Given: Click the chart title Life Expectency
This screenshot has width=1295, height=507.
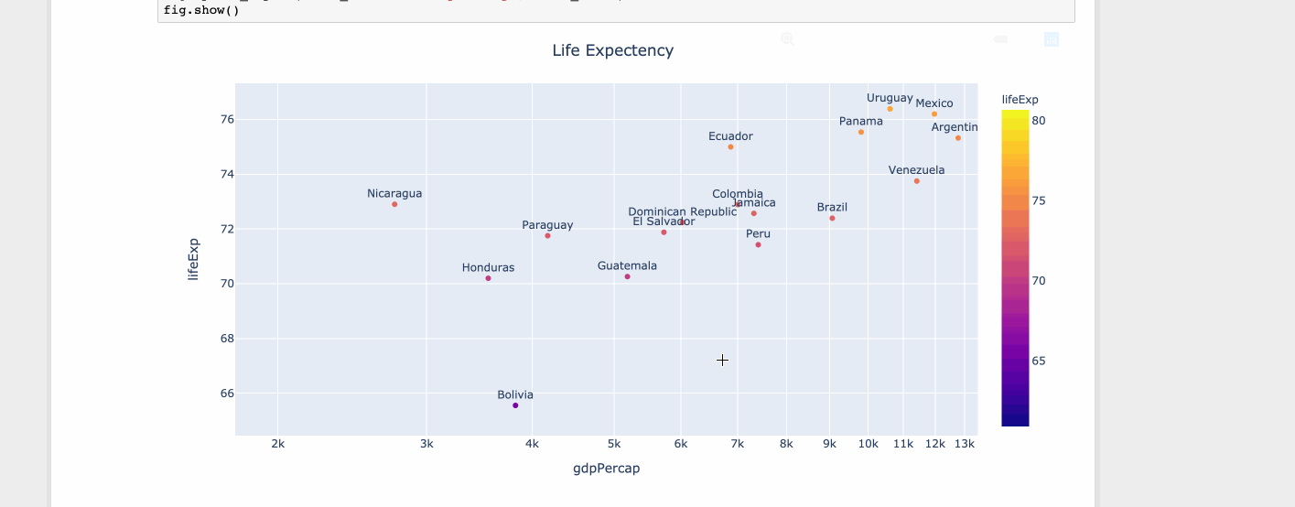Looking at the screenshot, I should (x=612, y=50).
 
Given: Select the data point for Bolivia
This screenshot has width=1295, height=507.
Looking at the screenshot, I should (x=515, y=405).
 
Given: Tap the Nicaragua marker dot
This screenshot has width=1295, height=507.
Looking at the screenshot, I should (x=394, y=204).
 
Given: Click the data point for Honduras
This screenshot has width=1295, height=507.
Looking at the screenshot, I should (x=488, y=278).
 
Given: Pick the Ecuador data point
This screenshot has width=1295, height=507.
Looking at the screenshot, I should (x=730, y=147).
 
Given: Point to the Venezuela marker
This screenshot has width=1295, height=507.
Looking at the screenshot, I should (x=916, y=181).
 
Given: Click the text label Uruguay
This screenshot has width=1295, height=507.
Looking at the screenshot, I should (x=890, y=98).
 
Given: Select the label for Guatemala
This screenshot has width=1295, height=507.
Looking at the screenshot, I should (x=627, y=265).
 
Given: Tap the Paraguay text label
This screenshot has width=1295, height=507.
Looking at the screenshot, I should (x=547, y=225).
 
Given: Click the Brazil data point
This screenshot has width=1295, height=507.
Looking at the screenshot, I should (x=832, y=219).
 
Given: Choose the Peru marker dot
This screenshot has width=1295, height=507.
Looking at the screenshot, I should (x=758, y=244).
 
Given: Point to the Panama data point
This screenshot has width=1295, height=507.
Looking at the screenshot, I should (x=860, y=133).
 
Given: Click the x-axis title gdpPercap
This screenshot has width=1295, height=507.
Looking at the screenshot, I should (x=606, y=469).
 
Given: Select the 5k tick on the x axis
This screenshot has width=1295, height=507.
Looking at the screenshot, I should (x=613, y=444).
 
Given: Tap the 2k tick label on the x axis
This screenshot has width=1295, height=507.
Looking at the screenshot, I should (x=277, y=444).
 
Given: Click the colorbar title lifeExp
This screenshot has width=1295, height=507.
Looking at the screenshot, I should (x=1020, y=100).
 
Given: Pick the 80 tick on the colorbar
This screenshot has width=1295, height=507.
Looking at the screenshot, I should (x=1039, y=120).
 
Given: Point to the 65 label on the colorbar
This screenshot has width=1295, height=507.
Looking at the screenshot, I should (x=1039, y=361).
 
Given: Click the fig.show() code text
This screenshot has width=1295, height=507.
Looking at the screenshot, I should (x=200, y=10).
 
